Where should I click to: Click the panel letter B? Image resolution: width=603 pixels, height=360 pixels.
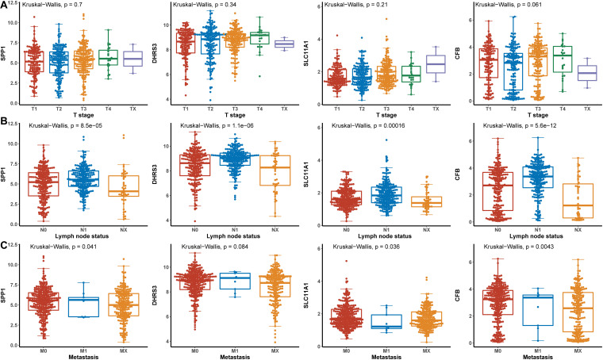6,123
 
